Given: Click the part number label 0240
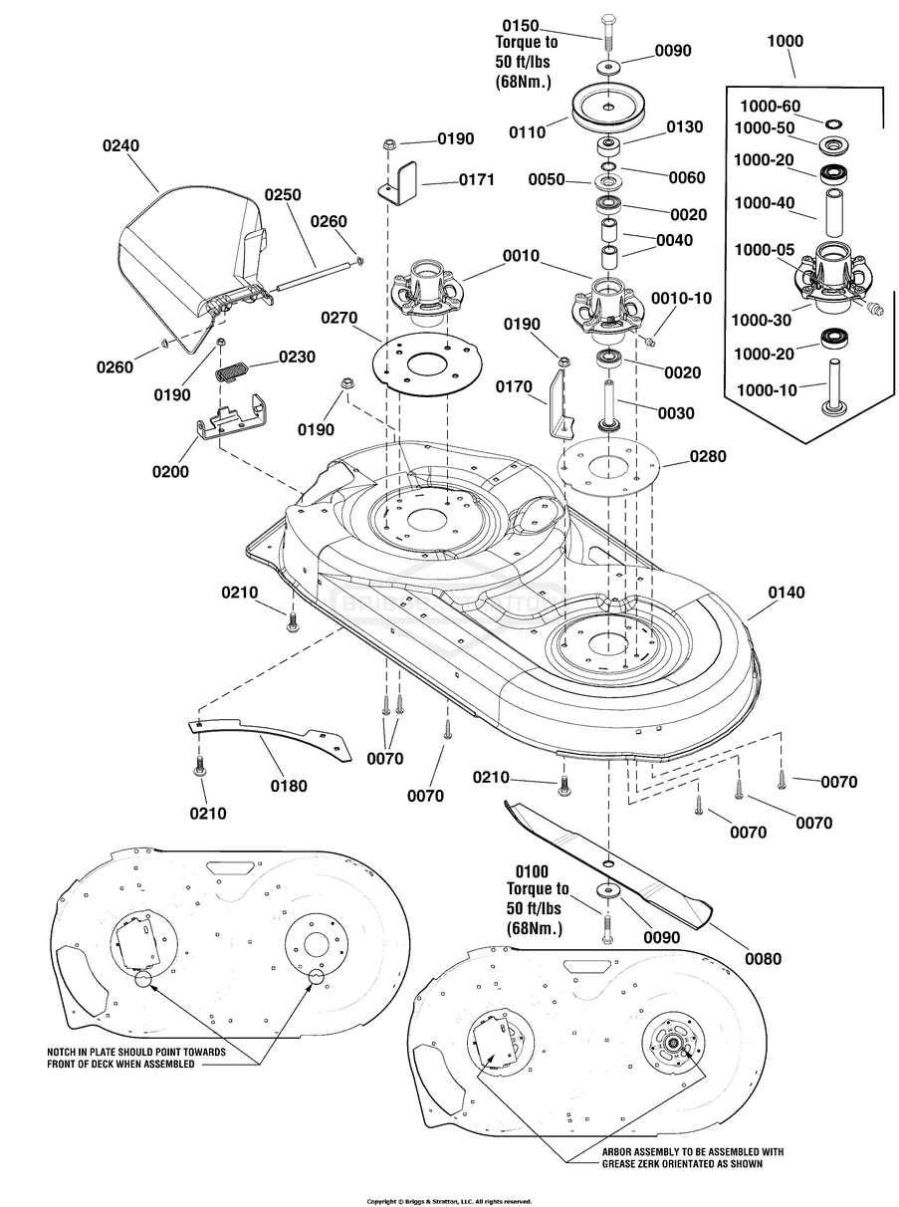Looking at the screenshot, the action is click(120, 145).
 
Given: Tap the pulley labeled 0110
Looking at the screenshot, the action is click(609, 109).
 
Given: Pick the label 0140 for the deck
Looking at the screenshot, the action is click(787, 593).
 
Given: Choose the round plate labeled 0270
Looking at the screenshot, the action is click(428, 364).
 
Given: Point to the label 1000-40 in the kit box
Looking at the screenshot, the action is click(764, 203).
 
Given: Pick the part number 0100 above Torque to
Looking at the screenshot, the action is click(532, 872).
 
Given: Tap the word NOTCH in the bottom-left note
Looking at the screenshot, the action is click(61, 1053).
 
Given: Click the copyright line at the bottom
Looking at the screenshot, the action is click(449, 1197).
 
